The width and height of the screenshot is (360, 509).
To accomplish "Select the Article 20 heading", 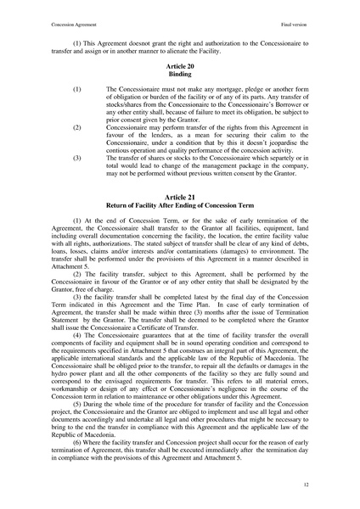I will [180, 64].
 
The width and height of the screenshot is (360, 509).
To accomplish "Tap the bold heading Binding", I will [180, 72].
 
